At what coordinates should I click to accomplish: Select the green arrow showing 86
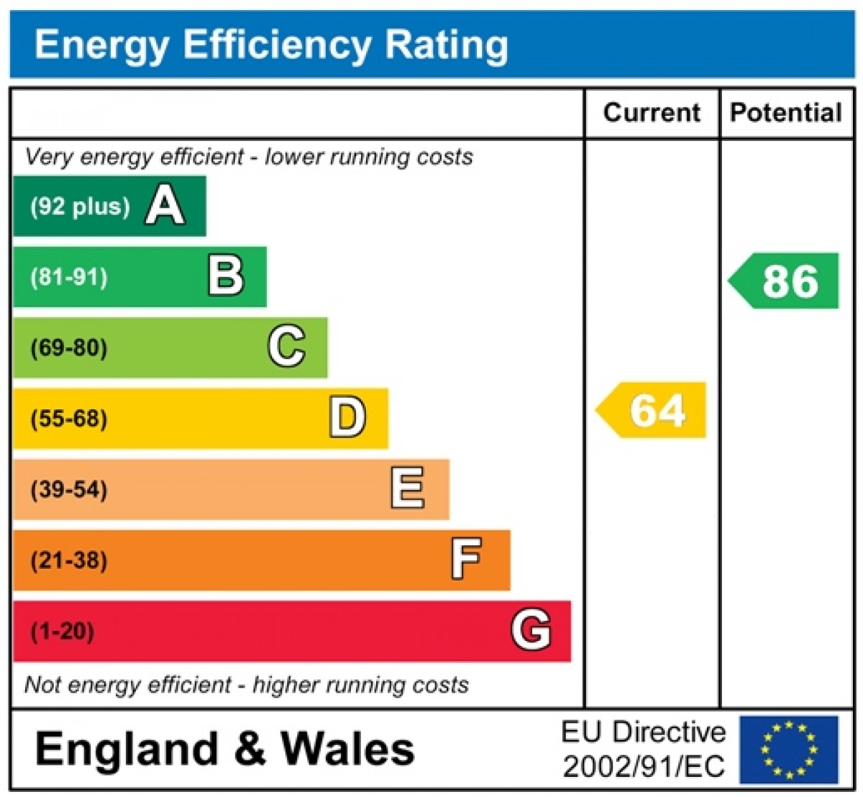pyautogui.click(x=785, y=281)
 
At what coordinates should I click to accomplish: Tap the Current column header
pyautogui.click(x=652, y=113)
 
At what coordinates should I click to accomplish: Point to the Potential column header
pyautogui.click(x=785, y=113)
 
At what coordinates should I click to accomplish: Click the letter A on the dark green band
pyautogui.click(x=165, y=206)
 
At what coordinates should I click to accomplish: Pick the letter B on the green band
pyautogui.click(x=226, y=276)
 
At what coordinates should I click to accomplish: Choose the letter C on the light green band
pyautogui.click(x=287, y=347)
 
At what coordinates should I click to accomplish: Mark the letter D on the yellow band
pyautogui.click(x=347, y=417)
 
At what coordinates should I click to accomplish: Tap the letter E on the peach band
pyautogui.click(x=408, y=488)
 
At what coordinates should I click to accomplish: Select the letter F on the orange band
pyautogui.click(x=467, y=559)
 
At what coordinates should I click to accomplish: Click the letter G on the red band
pyautogui.click(x=531, y=630)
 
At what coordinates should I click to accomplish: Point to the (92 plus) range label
pyautogui.click(x=80, y=206)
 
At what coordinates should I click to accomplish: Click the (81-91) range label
pyautogui.click(x=69, y=277)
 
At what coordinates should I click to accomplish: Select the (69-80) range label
pyautogui.click(x=69, y=347)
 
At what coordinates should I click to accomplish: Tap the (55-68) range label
pyautogui.click(x=69, y=418)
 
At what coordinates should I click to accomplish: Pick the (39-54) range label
pyautogui.click(x=69, y=489)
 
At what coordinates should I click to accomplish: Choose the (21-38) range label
pyautogui.click(x=69, y=560)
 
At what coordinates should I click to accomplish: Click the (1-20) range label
pyautogui.click(x=63, y=631)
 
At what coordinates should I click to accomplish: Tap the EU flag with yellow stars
pyautogui.click(x=789, y=749)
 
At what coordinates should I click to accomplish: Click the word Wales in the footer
pyautogui.click(x=348, y=749)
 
